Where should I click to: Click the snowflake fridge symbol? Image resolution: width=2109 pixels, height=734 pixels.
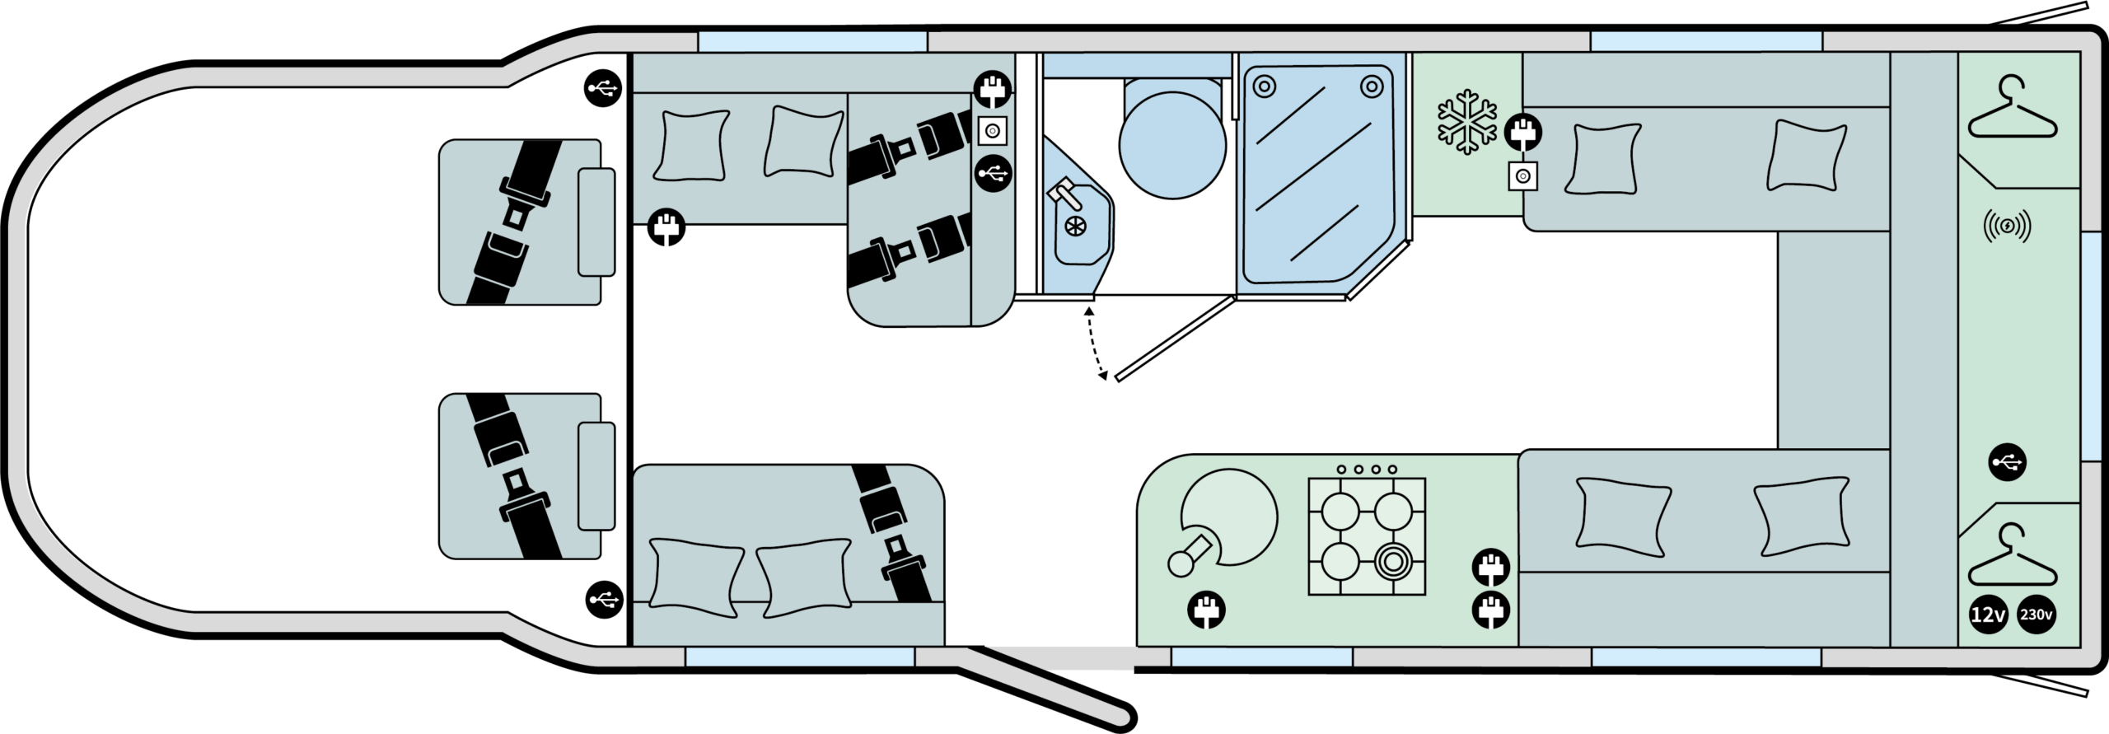pyautogui.click(x=1467, y=126)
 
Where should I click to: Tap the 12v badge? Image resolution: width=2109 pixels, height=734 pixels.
pyautogui.click(x=1987, y=615)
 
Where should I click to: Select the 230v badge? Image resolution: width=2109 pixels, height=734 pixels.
pyautogui.click(x=2036, y=615)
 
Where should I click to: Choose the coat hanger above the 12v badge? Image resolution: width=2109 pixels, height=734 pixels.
pyautogui.click(x=2012, y=557)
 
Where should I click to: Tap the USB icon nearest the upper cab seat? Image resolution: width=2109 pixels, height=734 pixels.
pyautogui.click(x=603, y=87)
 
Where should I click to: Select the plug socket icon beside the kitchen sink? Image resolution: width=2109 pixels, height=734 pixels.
pyautogui.click(x=1206, y=611)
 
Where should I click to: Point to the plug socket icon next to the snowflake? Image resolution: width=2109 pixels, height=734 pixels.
pyautogui.click(x=1524, y=132)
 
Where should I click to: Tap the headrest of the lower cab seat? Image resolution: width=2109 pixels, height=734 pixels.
pyautogui.click(x=596, y=475)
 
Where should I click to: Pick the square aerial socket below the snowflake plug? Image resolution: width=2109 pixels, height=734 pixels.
pyautogui.click(x=1522, y=176)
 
